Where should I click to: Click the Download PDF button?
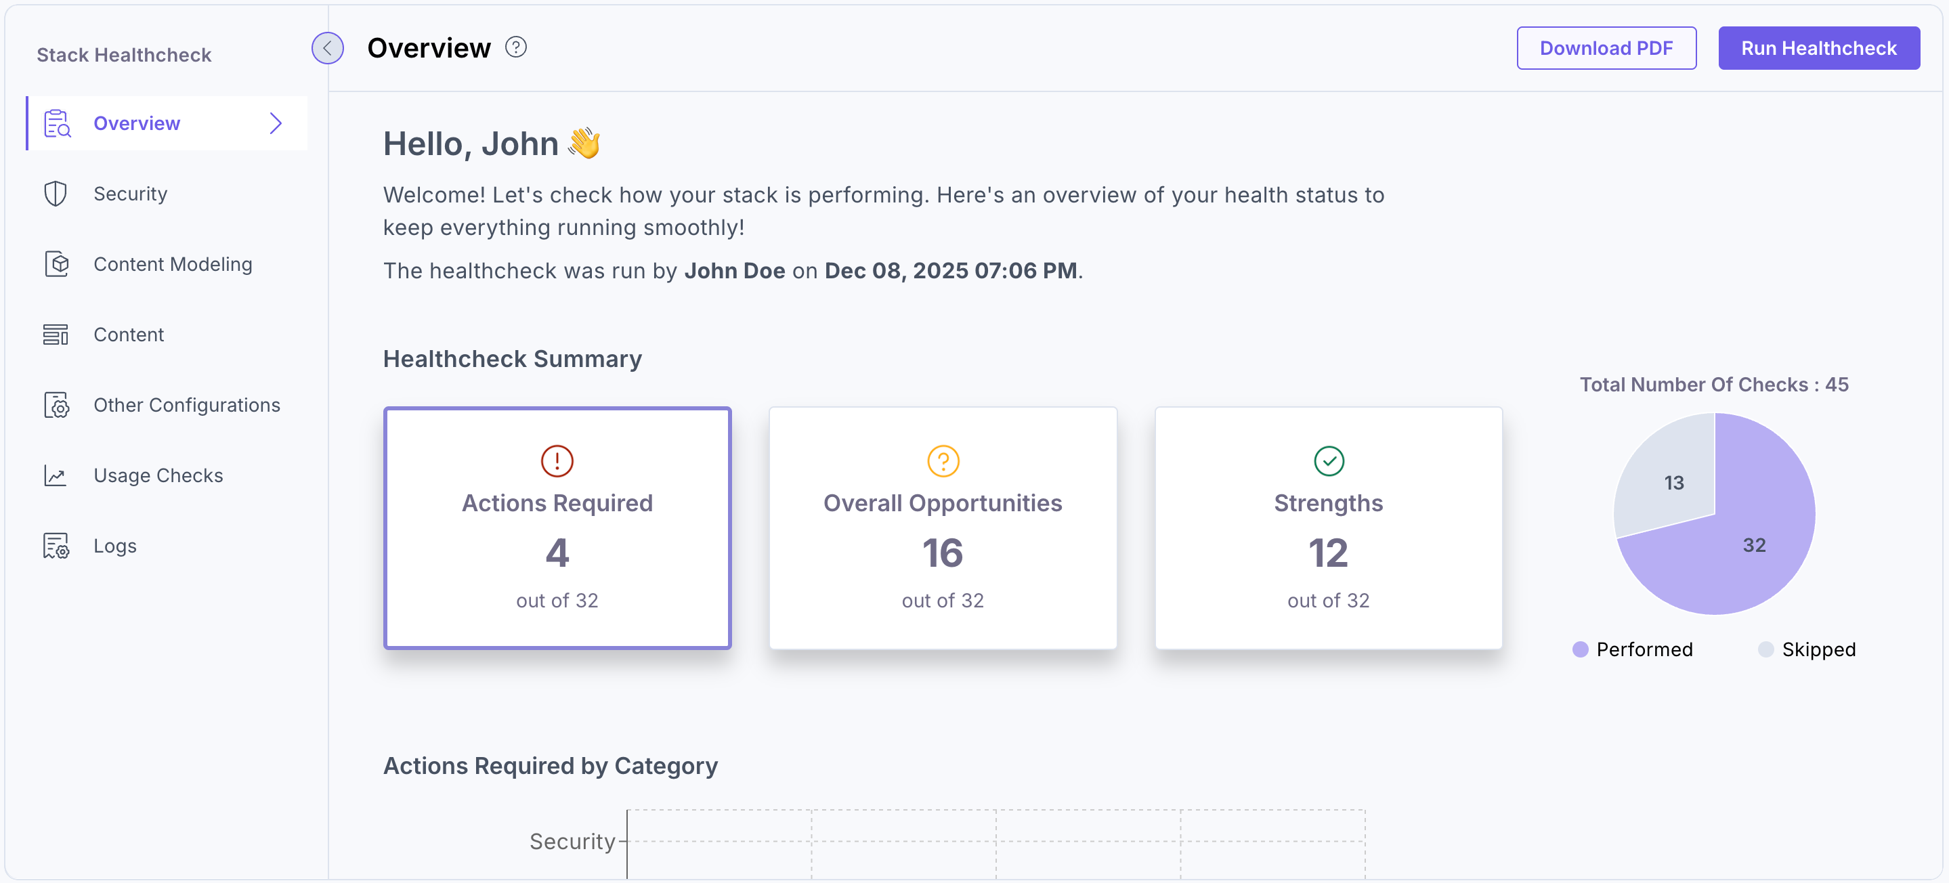pyautogui.click(x=1606, y=49)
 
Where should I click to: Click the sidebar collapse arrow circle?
pyautogui.click(x=328, y=49)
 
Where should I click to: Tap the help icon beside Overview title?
pyautogui.click(x=515, y=47)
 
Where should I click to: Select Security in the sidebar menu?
pyautogui.click(x=130, y=194)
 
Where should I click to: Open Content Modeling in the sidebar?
pyautogui.click(x=173, y=264)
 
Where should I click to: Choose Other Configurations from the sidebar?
pyautogui.click(x=186, y=405)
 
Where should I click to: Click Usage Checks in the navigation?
pyautogui.click(x=158, y=475)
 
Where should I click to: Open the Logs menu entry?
pyautogui.click(x=115, y=546)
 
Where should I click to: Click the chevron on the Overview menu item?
pyautogui.click(x=276, y=123)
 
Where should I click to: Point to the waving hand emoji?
pyautogui.click(x=584, y=143)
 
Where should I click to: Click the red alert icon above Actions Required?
pyautogui.click(x=557, y=460)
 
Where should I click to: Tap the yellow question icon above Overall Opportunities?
pyautogui.click(x=943, y=460)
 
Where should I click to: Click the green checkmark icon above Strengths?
pyautogui.click(x=1329, y=460)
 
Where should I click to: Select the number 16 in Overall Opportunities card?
pyautogui.click(x=943, y=553)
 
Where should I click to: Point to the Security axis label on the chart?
pyautogui.click(x=572, y=842)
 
